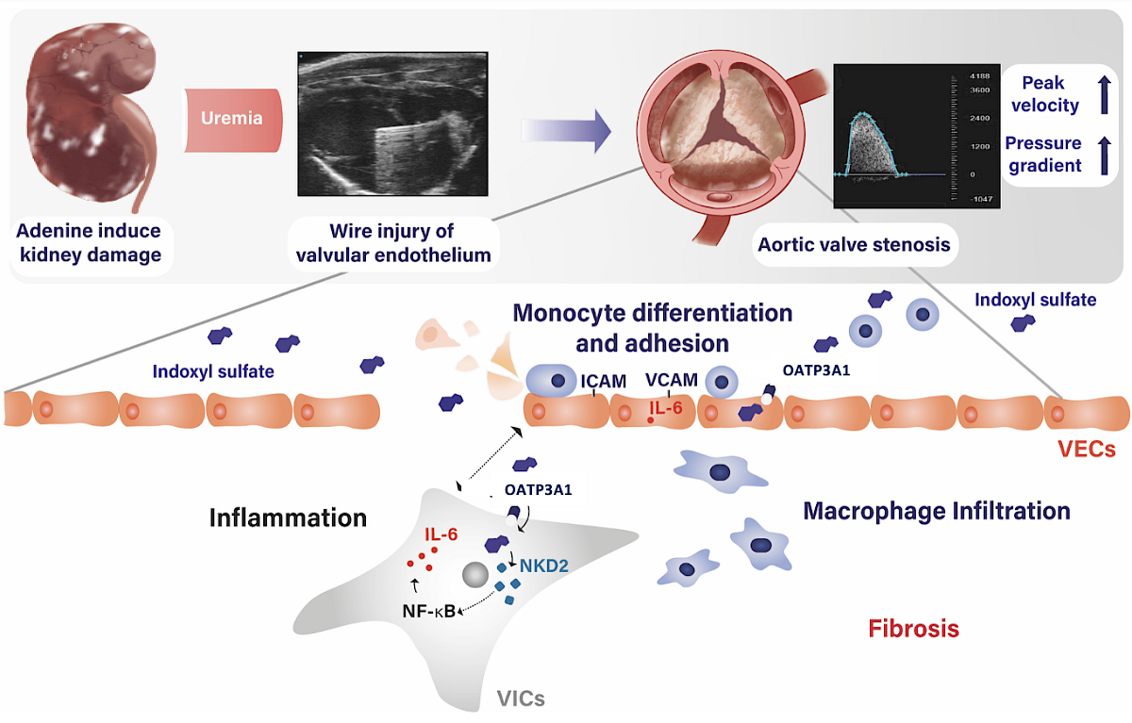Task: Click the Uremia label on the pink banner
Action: coord(232,118)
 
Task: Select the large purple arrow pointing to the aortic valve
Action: coord(566,130)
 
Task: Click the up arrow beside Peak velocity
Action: coord(1105,94)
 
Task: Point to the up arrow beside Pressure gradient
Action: coord(1105,156)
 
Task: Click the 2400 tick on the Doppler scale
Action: coord(979,118)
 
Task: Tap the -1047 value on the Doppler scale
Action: coord(981,199)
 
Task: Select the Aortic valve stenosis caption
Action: coord(854,245)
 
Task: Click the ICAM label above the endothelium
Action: coord(604,381)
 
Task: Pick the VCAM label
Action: coord(672,380)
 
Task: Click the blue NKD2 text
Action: coord(543,566)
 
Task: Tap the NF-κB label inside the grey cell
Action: coord(429,611)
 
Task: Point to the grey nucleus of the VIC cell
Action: coord(475,575)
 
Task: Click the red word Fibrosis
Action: coord(914,629)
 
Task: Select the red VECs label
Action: coord(1087,449)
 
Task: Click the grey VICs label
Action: coord(521,698)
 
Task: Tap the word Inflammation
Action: coord(288,518)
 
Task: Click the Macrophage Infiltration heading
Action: coord(937,511)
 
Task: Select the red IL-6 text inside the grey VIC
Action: coord(441,534)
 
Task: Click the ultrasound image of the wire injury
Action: coord(392,123)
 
